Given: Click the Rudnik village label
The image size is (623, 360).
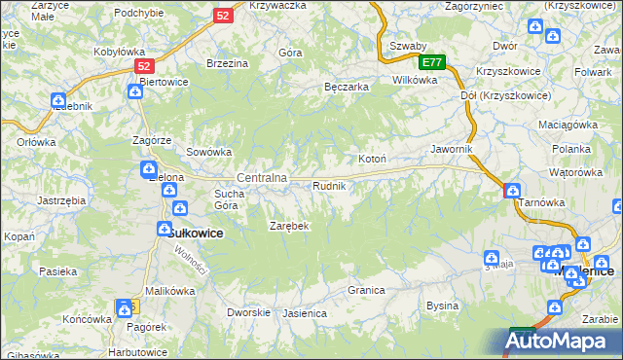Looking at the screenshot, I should point(328,186).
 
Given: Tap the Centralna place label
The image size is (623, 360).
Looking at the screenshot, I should point(262,178).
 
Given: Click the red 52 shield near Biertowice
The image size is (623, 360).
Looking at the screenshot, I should point(144,66).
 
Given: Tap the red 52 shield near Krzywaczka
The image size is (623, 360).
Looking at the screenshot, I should point(223,16).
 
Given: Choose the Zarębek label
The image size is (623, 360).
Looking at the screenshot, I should point(289,226).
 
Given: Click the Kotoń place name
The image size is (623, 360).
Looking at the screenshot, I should point(373,159).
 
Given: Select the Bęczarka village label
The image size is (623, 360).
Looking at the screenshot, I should point(346,87).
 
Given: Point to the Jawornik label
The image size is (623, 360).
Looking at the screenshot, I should point(452,150).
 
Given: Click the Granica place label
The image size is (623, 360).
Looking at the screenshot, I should point(366,291).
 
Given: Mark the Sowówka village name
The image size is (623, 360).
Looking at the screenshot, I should point(208,152).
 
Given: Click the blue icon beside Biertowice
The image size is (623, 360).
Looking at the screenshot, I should point(135,90).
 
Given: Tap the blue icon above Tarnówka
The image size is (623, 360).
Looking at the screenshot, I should point(513,191).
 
